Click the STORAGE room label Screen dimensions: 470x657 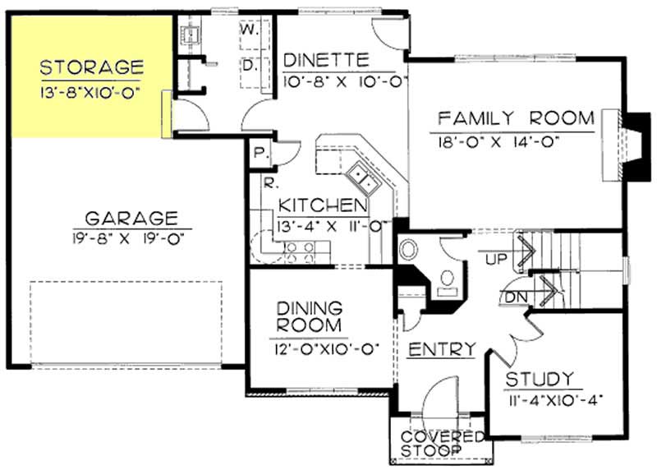(91, 66)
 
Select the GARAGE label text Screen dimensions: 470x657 (131, 218)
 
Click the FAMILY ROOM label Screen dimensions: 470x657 (515, 118)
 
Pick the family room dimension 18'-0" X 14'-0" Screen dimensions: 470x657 (500, 141)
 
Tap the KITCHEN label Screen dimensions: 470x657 (321, 205)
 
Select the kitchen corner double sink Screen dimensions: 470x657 (362, 177)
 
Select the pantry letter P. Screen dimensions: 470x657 (258, 153)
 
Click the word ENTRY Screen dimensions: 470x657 (442, 349)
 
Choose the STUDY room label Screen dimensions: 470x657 (539, 379)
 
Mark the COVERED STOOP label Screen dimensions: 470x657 (442, 444)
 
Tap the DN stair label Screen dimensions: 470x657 (515, 297)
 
